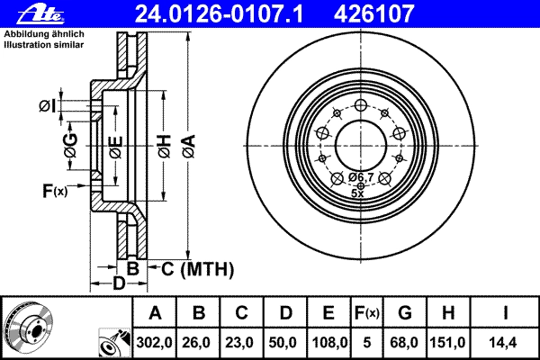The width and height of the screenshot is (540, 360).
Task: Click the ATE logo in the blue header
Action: point(40,13)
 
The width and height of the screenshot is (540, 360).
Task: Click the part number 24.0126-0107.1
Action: point(219,13)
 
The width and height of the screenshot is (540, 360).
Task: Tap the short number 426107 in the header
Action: point(373,13)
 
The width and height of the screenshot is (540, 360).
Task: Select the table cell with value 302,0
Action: point(154,342)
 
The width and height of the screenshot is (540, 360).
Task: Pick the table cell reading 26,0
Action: point(198,342)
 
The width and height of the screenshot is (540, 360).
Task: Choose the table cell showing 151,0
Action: point(447,342)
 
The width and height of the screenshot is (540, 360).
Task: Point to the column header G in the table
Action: point(405,312)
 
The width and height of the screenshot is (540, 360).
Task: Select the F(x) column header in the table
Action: point(367,312)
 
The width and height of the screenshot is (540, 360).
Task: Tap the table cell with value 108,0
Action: point(328,342)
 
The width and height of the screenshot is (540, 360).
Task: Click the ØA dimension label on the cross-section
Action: point(189,147)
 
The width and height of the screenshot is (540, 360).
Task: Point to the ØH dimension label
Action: point(165,147)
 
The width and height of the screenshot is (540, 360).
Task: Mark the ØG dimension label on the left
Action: point(70,146)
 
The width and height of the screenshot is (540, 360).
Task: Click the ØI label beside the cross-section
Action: point(47,106)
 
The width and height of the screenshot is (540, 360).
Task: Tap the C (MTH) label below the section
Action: point(197,269)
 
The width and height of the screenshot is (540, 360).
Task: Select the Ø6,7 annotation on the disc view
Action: point(361,177)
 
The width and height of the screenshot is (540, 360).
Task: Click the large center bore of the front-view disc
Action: point(360,146)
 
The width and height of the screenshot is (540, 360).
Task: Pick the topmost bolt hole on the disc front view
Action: point(361,105)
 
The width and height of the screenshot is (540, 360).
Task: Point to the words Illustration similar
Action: point(44,44)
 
